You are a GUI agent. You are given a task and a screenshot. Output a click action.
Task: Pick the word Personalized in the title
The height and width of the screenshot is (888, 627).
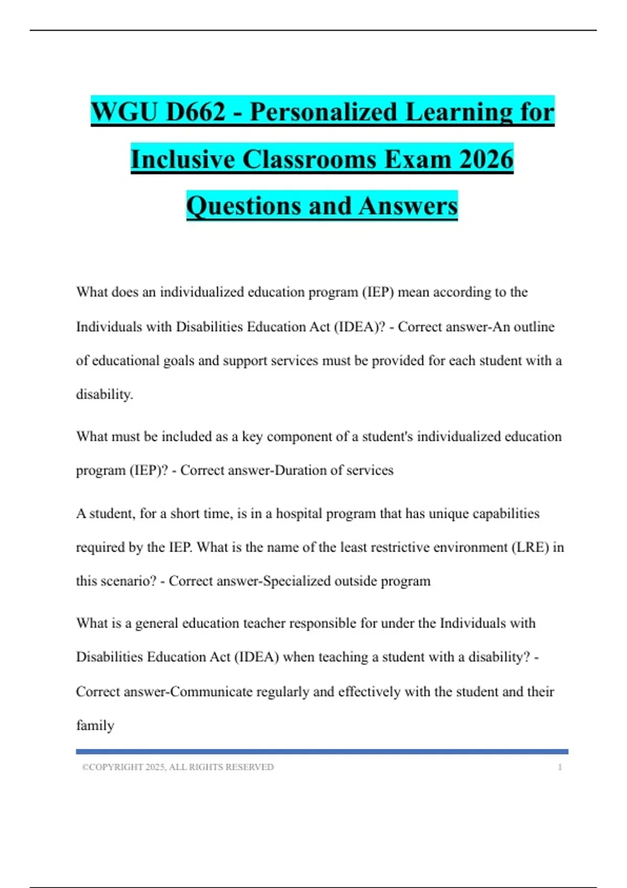[323, 112]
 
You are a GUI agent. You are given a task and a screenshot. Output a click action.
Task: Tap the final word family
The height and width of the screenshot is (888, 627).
[95, 726]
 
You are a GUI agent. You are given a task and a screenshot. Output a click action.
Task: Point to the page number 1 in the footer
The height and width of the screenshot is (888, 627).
[560, 767]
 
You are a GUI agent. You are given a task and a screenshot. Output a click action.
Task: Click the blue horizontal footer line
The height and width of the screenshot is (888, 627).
[322, 752]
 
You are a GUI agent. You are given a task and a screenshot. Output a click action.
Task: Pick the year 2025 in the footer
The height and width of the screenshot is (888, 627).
[155, 767]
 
